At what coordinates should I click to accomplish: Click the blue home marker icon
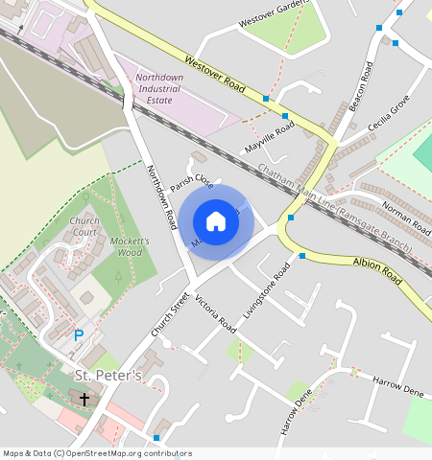coord(216,221)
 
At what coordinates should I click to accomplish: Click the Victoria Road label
coord(215,314)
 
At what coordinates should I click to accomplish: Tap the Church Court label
coord(84,226)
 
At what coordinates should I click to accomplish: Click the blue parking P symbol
coord(79,335)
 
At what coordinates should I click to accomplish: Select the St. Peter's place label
coord(108,375)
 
